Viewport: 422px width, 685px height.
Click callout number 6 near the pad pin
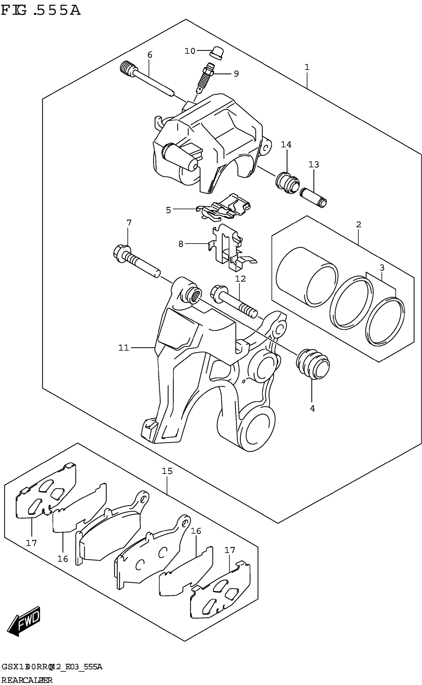150,55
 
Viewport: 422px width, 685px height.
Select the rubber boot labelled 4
313,364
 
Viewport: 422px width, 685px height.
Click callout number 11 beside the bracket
124,348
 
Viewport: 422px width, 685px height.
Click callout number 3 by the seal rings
382,268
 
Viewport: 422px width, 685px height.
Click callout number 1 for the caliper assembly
307,67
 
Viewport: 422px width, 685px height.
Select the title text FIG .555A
41,11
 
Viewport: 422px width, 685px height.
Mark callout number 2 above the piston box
359,225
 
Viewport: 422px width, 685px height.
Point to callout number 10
190,51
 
